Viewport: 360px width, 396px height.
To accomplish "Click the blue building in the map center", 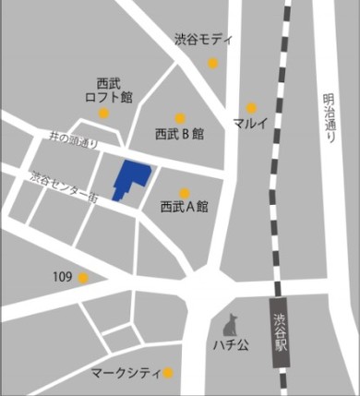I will tap(131, 178).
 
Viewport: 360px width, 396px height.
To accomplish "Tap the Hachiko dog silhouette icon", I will tap(231, 326).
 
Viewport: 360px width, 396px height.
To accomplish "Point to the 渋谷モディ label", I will tap(204, 41).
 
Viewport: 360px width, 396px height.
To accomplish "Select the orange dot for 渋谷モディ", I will tap(213, 64).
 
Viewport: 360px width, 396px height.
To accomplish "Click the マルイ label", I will tap(251, 124).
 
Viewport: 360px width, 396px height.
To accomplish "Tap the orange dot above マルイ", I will tap(251, 108).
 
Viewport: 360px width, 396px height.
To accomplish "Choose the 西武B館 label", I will tap(179, 134).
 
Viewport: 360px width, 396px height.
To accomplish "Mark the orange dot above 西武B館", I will tap(181, 118).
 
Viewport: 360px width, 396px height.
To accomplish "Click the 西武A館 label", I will tap(185, 207).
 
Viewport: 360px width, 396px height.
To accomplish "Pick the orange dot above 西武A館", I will tap(185, 193).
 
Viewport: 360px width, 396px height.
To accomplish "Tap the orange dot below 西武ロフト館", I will tap(105, 114).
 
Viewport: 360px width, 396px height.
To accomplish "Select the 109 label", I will tap(63, 277).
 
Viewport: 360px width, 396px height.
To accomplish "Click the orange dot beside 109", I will tap(84, 277).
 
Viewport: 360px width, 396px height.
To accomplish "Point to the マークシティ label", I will tap(126, 374).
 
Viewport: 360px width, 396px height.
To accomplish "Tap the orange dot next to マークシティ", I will tap(168, 374).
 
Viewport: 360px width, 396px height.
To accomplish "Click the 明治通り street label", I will tap(330, 115).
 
